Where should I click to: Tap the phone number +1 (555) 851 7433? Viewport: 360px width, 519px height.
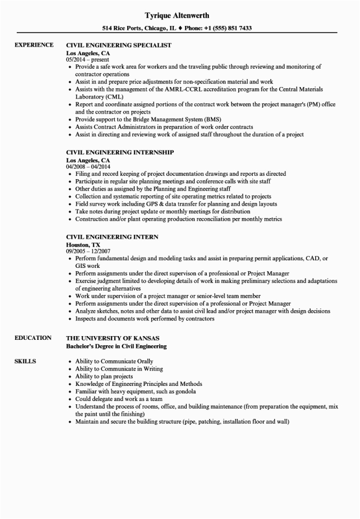(x=226, y=28)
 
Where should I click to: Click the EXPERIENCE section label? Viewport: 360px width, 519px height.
(x=34, y=45)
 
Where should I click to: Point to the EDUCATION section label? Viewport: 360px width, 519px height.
(x=33, y=338)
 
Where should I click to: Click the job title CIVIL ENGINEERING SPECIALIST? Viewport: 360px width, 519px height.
(x=119, y=45)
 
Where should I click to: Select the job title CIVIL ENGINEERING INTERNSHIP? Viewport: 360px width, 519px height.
(x=120, y=153)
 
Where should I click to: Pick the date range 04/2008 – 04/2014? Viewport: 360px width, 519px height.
(x=88, y=167)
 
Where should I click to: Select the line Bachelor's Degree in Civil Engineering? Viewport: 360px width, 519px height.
(x=116, y=346)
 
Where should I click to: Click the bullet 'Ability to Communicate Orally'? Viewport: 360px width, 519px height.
(x=114, y=361)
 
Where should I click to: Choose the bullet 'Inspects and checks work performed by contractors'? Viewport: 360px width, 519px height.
(x=145, y=319)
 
